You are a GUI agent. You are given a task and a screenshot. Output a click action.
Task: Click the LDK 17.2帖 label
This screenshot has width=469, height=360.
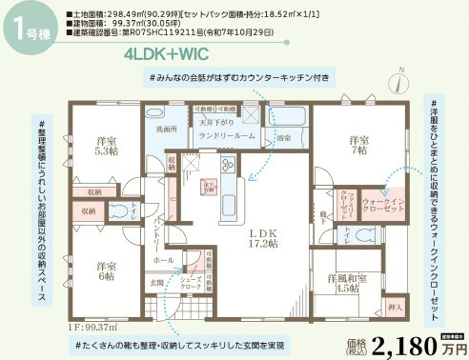[262, 237]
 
